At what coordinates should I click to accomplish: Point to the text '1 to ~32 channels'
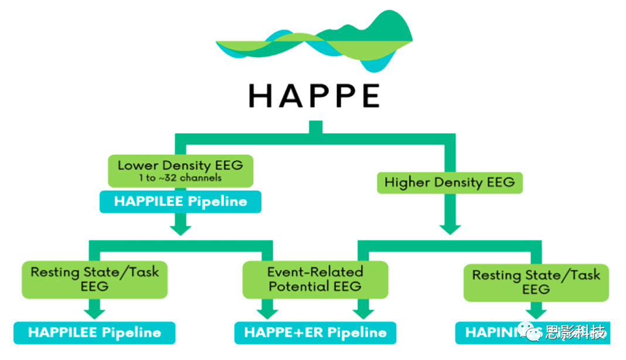[x=180, y=178]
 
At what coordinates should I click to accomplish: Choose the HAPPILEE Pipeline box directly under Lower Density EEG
[x=181, y=201]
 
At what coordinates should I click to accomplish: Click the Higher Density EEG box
[x=449, y=182]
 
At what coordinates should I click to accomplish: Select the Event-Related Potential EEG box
[x=315, y=279]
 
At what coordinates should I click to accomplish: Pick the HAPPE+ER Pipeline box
[x=315, y=332]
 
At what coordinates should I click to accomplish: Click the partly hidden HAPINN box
[x=492, y=332]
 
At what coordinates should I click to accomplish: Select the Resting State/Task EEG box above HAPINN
[x=536, y=281]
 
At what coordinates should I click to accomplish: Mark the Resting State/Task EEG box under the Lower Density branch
[x=94, y=279]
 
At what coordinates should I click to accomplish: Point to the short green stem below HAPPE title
[x=315, y=127]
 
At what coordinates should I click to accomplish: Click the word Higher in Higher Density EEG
[x=405, y=182]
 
